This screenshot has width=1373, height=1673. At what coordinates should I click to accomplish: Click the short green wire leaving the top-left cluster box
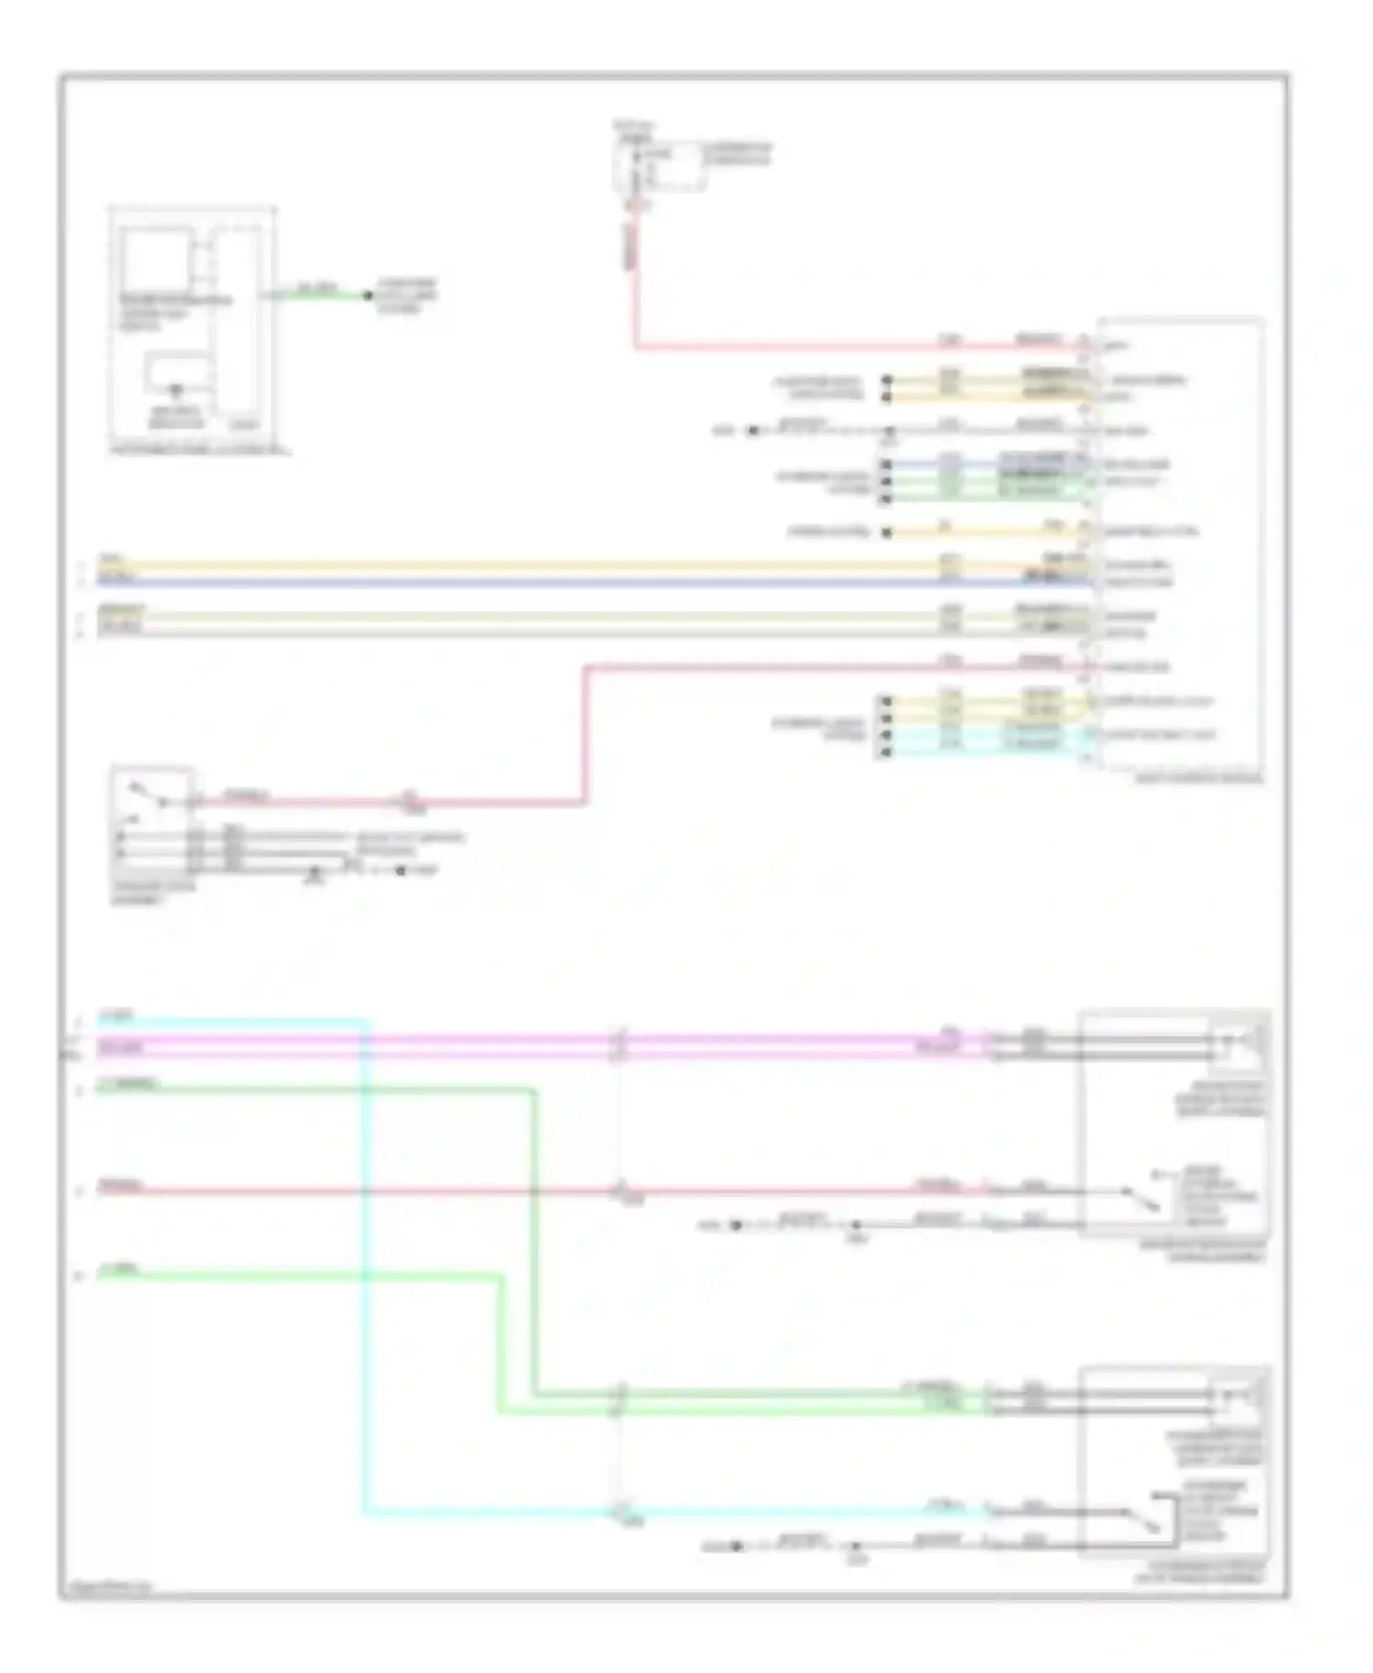[320, 296]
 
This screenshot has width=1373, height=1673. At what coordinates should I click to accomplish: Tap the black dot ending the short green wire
[368, 296]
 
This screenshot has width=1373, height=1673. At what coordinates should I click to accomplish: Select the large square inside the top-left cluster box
[156, 260]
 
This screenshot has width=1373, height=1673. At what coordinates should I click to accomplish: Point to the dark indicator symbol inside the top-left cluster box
[176, 392]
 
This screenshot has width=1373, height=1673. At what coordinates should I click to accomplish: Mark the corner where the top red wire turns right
[635, 347]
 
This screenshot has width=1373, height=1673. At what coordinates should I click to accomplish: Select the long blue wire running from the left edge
[549, 582]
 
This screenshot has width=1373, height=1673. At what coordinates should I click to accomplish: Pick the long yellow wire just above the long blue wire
[549, 567]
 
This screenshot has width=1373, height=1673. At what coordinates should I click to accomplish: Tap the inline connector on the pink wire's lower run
[409, 803]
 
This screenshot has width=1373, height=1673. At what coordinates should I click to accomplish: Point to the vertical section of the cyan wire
[366, 1281]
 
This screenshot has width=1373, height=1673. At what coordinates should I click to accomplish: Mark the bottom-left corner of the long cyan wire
[366, 1513]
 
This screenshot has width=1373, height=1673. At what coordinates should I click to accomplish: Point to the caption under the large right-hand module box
[1199, 780]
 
